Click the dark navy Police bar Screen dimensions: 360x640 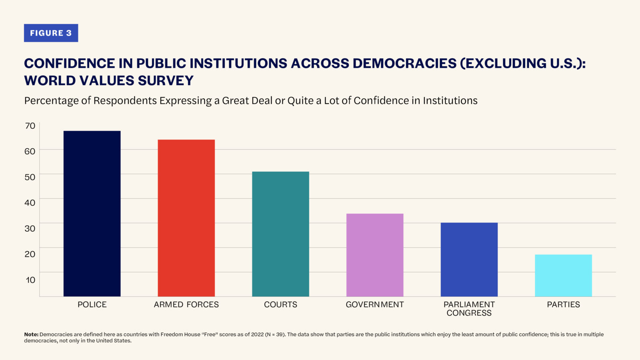point(92,214)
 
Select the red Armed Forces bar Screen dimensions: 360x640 point(186,218)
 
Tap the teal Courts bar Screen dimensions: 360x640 point(280,234)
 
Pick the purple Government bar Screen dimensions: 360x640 point(375,255)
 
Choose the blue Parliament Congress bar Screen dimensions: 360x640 point(469,260)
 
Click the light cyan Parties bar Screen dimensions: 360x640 point(563,276)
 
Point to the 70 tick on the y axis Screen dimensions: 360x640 point(30,126)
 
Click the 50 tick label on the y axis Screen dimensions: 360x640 point(30,177)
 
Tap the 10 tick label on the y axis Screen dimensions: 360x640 point(30,280)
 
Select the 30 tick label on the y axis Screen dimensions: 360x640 point(30,228)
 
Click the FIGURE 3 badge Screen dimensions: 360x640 point(51,33)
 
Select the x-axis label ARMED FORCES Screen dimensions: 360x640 point(186,304)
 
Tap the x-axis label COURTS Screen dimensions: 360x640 point(280,304)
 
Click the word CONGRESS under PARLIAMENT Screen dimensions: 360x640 point(469,313)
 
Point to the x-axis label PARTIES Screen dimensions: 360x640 point(563,304)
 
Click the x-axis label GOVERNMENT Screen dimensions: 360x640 point(375,304)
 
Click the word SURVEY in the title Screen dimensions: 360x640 point(166,81)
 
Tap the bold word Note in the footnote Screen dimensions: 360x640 point(31,334)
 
